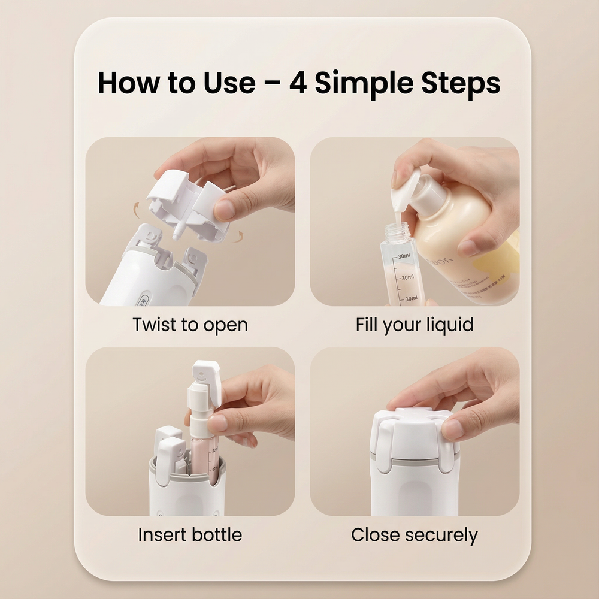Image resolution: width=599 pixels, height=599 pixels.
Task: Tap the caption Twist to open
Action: [x=190, y=325]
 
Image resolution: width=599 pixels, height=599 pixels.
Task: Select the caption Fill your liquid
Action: [x=415, y=325]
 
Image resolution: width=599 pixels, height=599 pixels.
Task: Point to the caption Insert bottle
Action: [x=190, y=534]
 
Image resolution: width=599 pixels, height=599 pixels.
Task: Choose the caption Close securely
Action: [x=415, y=534]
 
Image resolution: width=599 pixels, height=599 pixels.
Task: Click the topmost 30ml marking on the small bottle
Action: [x=403, y=256]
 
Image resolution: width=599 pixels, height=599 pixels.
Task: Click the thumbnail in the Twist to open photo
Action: [x=225, y=208]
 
